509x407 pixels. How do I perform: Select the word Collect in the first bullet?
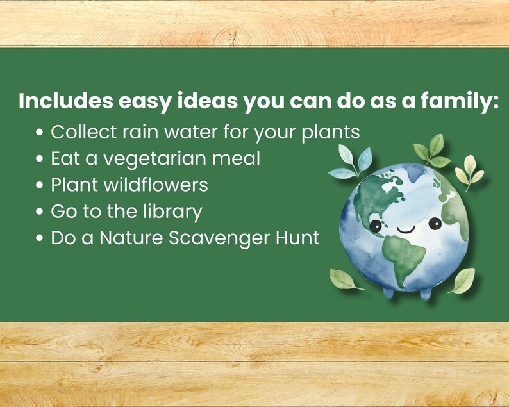coord(82,133)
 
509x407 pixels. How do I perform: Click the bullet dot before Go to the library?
coord(40,212)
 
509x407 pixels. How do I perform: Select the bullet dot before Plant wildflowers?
coord(40,186)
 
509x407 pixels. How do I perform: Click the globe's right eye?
coord(435,224)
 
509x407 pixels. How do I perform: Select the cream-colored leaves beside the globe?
coord(469,169)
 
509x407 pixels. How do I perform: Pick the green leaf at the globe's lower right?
coord(463,279)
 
